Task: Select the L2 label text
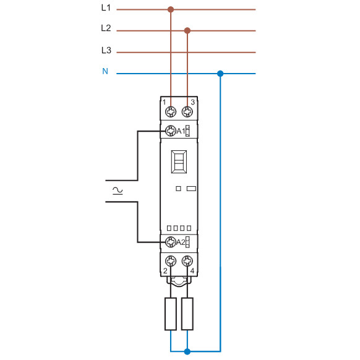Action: pyautogui.click(x=105, y=28)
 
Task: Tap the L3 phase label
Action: pyautogui.click(x=105, y=50)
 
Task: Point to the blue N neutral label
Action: pyautogui.click(x=105, y=72)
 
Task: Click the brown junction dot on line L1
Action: pyautogui.click(x=171, y=9)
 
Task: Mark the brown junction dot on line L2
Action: pyautogui.click(x=187, y=30)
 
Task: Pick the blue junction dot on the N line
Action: pyautogui.click(x=220, y=74)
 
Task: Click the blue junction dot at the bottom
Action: pyautogui.click(x=187, y=352)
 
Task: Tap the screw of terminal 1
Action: pyautogui.click(x=171, y=111)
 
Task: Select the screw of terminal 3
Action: pyautogui.click(x=187, y=111)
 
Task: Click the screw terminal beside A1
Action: pyautogui.click(x=170, y=131)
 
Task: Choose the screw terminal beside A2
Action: pyautogui.click(x=170, y=241)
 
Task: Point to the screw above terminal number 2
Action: pyautogui.click(x=171, y=260)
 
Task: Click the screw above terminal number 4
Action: pyautogui.click(x=187, y=260)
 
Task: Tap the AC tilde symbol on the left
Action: pyautogui.click(x=116, y=190)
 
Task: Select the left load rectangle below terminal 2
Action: pyautogui.click(x=171, y=314)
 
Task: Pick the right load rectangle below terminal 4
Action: pyautogui.click(x=187, y=314)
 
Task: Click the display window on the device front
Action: pyautogui.click(x=179, y=163)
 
